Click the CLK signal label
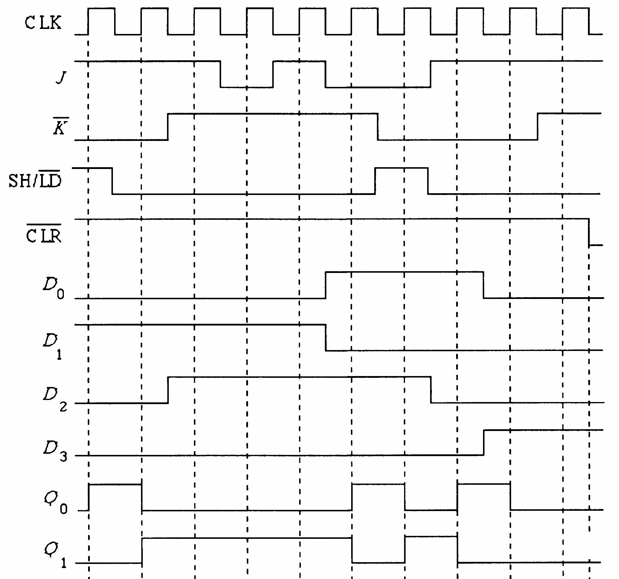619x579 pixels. click(x=43, y=22)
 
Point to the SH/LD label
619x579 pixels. click(x=35, y=180)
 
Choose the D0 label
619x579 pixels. click(x=53, y=288)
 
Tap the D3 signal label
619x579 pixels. click(x=55, y=451)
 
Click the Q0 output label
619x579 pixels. click(x=55, y=504)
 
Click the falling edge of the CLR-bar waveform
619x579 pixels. click(x=589, y=232)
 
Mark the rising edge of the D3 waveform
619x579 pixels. click(x=484, y=443)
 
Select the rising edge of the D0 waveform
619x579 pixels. click(x=326, y=285)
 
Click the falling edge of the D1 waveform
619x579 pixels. click(x=326, y=338)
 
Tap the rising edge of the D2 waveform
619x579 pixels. click(x=168, y=390)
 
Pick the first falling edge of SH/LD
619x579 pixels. click(x=112, y=181)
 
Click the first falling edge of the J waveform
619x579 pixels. click(x=221, y=74)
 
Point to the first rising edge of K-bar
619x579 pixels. click(x=168, y=127)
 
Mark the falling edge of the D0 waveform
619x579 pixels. click(x=484, y=285)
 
